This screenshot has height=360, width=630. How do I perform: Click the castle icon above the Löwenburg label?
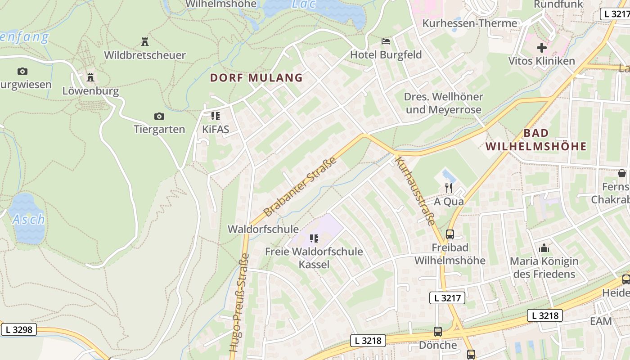point(90,77)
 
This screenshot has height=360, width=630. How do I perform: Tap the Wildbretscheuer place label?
point(144,55)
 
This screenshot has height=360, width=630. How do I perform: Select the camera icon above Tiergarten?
point(159,116)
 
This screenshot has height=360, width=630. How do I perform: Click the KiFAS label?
point(216,130)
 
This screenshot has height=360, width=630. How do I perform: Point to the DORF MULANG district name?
point(256,78)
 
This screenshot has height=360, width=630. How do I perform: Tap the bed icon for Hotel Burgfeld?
point(386,41)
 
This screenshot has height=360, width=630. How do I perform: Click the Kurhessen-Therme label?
point(469,23)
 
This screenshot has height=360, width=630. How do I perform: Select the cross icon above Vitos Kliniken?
point(541,47)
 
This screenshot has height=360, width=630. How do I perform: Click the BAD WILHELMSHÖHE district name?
point(536,139)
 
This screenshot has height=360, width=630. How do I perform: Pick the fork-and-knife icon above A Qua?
point(448,188)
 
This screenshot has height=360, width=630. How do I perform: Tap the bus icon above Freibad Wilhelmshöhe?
point(450,234)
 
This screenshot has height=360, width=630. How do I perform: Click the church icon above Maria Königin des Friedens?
point(544,247)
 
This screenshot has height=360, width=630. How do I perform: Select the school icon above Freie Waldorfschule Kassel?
point(314,238)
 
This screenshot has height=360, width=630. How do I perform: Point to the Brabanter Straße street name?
point(300,186)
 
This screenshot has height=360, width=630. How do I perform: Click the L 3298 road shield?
point(18,329)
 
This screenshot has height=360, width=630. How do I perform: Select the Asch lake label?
point(28,220)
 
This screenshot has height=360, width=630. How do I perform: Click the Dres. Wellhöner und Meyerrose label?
point(443,103)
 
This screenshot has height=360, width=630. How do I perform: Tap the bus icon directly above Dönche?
point(437,332)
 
